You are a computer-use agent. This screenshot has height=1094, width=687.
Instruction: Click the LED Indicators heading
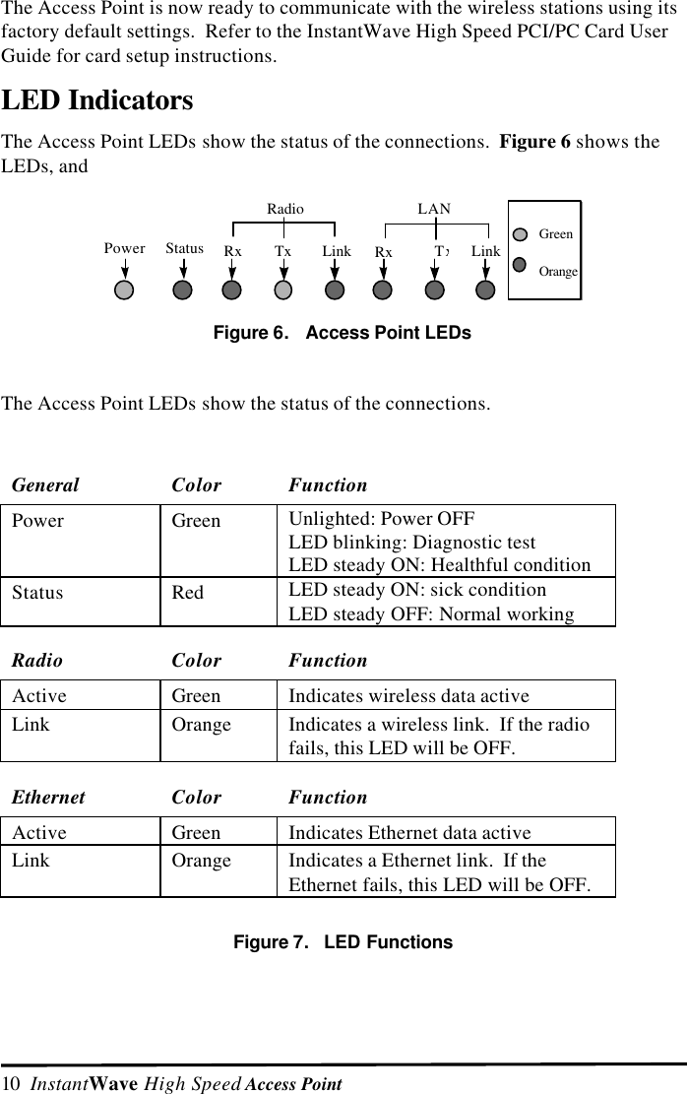tap(97, 100)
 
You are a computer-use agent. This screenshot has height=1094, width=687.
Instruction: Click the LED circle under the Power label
tap(124, 290)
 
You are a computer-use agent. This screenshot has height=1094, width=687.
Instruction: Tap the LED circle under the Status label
tap(183, 290)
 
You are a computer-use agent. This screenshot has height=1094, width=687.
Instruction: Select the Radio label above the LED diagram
tap(285, 209)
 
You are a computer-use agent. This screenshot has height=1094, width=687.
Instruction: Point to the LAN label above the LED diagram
tap(434, 209)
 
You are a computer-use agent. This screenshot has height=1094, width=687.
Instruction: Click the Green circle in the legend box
tap(524, 235)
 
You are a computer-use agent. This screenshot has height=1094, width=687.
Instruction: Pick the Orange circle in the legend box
tap(524, 269)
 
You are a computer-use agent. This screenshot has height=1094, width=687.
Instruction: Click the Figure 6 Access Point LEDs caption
tap(343, 333)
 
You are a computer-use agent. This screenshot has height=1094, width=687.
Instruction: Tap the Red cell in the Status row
tap(188, 593)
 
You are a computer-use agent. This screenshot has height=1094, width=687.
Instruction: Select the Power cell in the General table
tap(38, 521)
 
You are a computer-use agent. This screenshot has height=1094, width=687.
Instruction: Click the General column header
tap(45, 484)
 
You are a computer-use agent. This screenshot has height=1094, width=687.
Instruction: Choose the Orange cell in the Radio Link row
tap(202, 725)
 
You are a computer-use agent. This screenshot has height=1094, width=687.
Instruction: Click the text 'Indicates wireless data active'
tap(408, 696)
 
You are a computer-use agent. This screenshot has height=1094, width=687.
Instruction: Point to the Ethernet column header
tap(49, 797)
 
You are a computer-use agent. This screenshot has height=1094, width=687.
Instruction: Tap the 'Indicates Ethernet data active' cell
tap(409, 833)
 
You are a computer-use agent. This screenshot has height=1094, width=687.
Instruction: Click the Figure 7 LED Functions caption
tap(343, 942)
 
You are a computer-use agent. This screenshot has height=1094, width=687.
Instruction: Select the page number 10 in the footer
tap(11, 1084)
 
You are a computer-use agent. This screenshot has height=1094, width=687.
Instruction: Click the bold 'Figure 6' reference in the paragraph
tap(534, 142)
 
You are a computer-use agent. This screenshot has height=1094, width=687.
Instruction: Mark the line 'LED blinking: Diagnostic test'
tap(411, 543)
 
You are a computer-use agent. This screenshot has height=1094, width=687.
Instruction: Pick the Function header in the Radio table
tap(328, 660)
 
